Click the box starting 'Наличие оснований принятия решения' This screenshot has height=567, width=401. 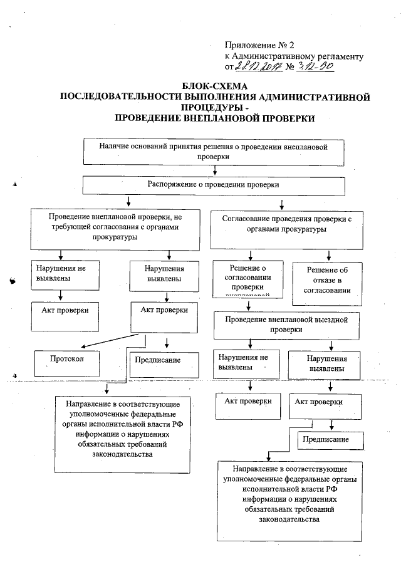pyautogui.click(x=214, y=152)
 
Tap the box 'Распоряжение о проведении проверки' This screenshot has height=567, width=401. pyautogui.click(x=214, y=186)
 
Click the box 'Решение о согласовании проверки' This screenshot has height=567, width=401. pyautogui.click(x=250, y=278)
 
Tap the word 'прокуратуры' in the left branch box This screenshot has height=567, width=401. pyautogui.click(x=112, y=237)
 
